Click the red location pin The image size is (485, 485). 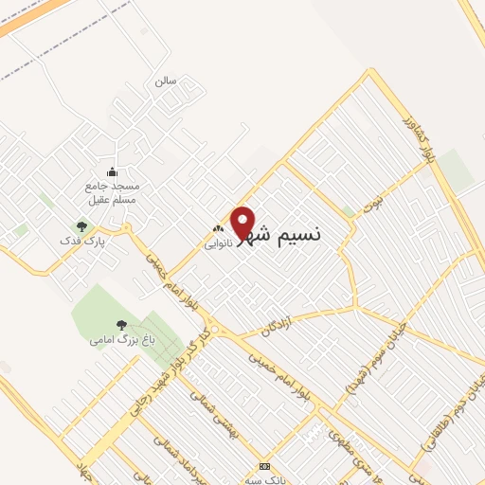coord(243,222)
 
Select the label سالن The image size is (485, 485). coord(167,81)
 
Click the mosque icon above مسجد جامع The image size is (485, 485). coord(113,171)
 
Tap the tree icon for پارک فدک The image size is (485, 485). coord(81,226)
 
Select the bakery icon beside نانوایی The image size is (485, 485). coord(219,228)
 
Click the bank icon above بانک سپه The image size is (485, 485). coord(264,466)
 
